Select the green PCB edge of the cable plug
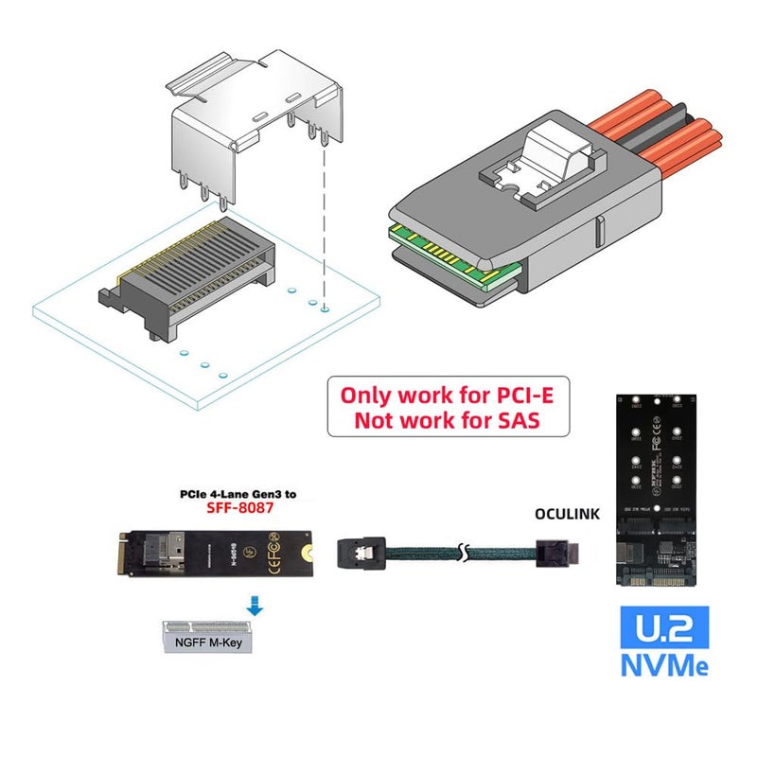[454, 261]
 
